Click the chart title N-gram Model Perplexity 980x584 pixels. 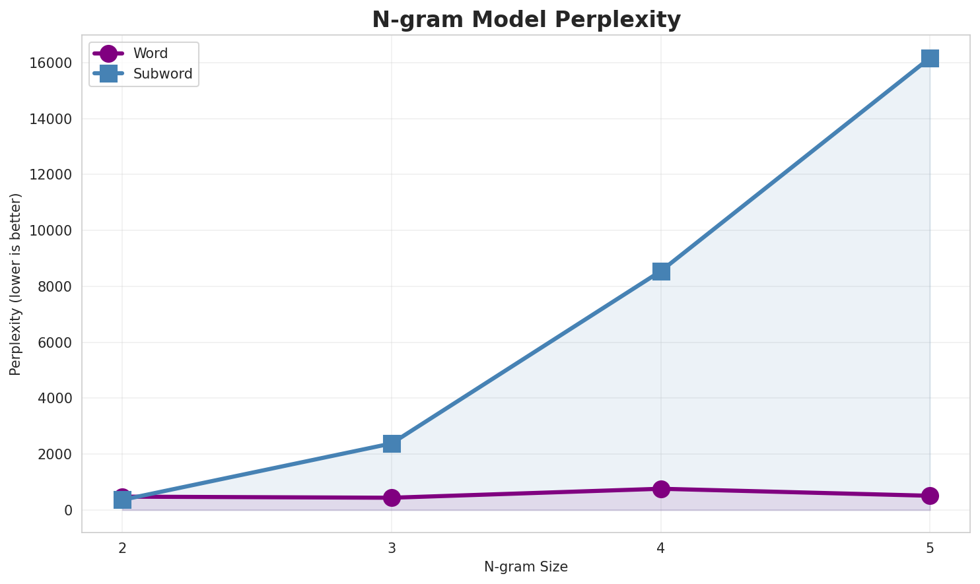[526, 20]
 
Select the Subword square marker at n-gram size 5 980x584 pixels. [930, 58]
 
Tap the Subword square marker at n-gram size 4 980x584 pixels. [661, 271]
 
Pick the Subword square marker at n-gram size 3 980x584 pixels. [392, 443]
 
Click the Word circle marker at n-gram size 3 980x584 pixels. [392, 498]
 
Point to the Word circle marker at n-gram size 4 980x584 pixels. [661, 489]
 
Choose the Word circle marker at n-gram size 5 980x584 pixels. [930, 496]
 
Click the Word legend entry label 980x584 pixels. [151, 53]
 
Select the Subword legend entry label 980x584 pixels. [162, 74]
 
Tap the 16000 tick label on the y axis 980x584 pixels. [51, 63]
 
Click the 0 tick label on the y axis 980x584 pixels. [69, 510]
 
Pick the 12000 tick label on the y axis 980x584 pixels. [51, 175]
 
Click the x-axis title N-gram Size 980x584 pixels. [526, 567]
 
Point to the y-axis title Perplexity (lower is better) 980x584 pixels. [16, 284]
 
